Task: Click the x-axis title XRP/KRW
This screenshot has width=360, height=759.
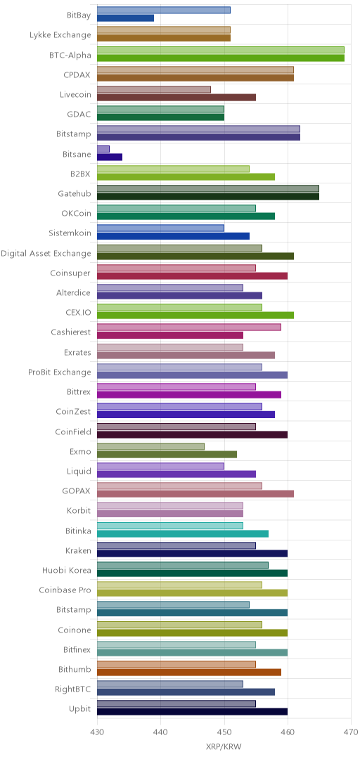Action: (224, 746)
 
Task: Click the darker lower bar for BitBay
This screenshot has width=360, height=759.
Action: (125, 18)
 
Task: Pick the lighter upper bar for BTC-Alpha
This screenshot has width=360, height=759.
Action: (221, 49)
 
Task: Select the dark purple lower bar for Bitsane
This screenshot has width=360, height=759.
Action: (110, 157)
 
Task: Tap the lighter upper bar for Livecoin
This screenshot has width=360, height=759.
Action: (154, 89)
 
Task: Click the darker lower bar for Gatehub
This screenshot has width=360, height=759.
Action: (208, 197)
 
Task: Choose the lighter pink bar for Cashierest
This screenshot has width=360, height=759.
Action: (189, 327)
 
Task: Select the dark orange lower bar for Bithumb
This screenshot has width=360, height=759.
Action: (189, 672)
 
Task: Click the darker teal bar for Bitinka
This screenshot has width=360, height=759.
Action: (183, 533)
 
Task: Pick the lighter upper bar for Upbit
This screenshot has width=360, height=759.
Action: (176, 703)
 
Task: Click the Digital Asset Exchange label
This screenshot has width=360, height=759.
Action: (46, 253)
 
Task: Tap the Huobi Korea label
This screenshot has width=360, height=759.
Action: (67, 570)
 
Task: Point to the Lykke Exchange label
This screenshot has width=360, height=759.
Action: (60, 35)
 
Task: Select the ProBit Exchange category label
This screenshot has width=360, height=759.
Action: (60, 372)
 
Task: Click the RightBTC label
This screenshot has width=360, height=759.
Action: (74, 689)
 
